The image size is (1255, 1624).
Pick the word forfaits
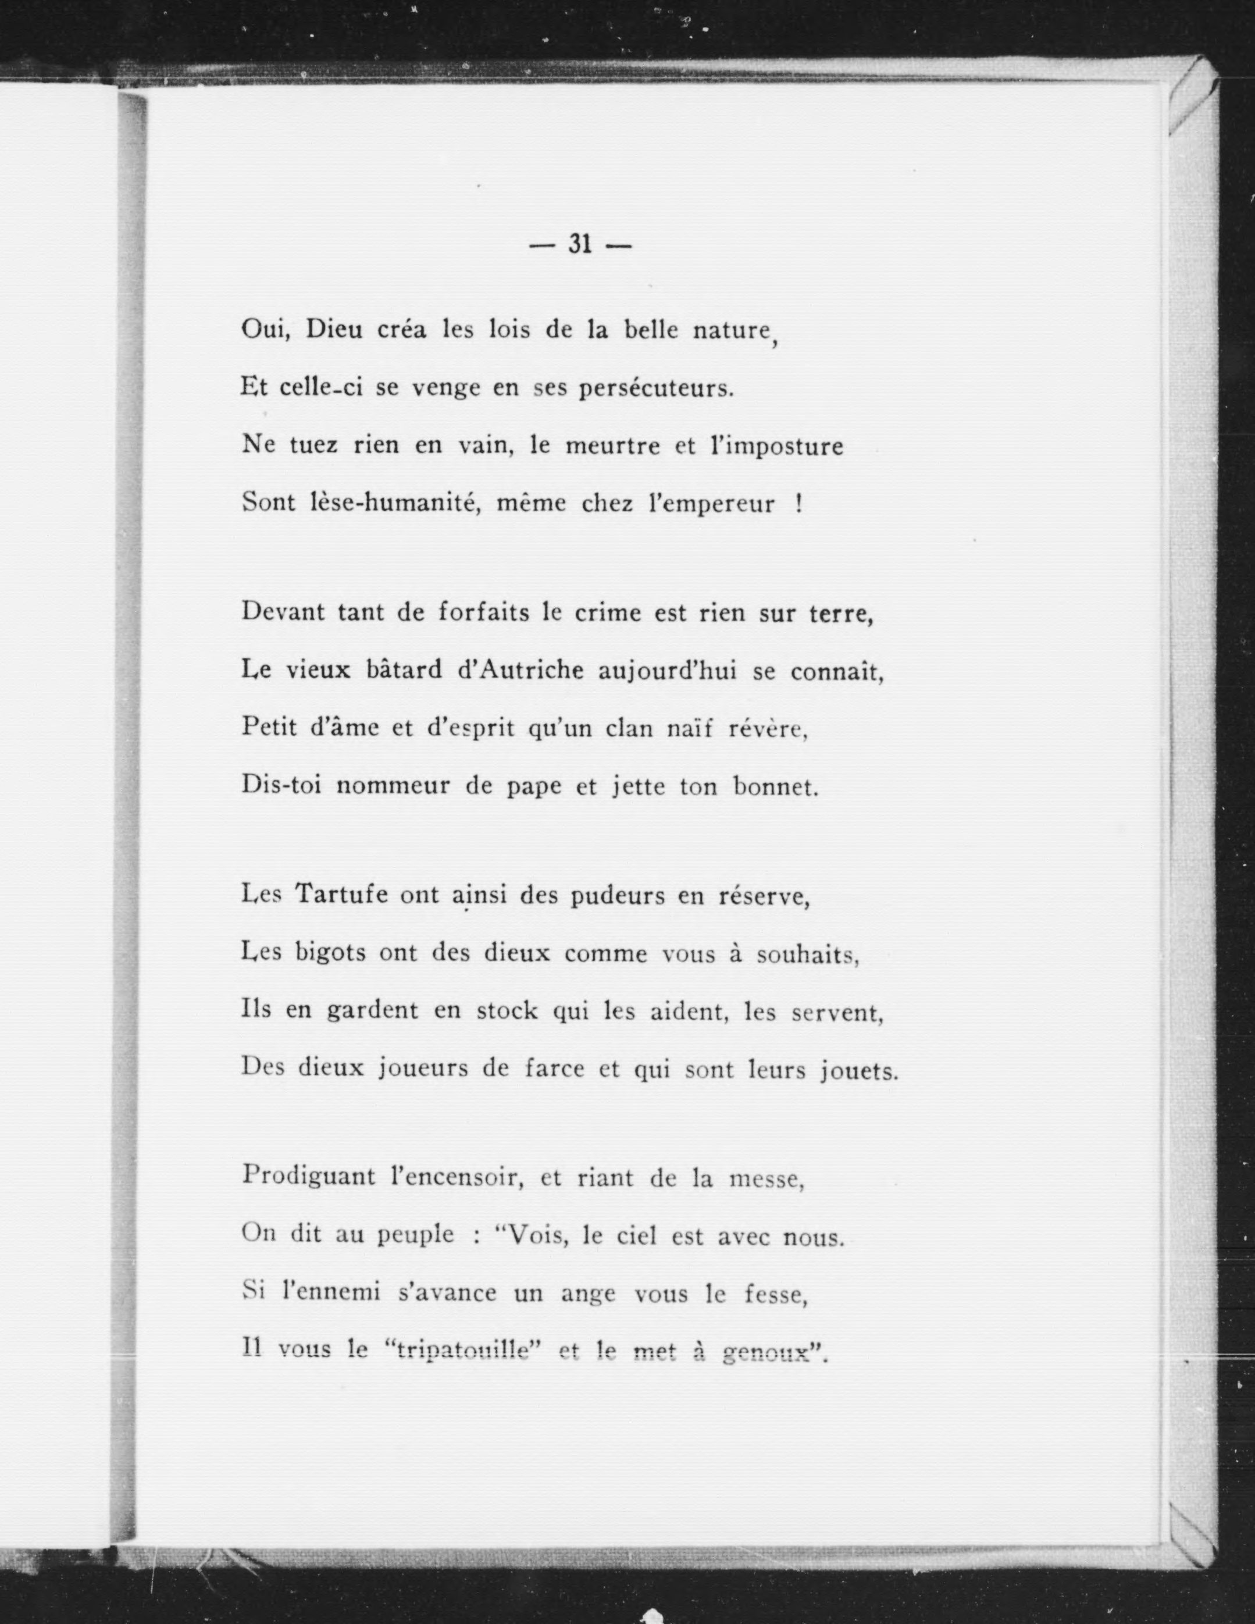coord(483,612)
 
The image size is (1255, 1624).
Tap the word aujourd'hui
coord(667,671)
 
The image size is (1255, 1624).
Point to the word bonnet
coord(775,787)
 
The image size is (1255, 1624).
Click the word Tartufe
coord(342,894)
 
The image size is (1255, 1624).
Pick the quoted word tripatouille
coord(459,1351)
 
